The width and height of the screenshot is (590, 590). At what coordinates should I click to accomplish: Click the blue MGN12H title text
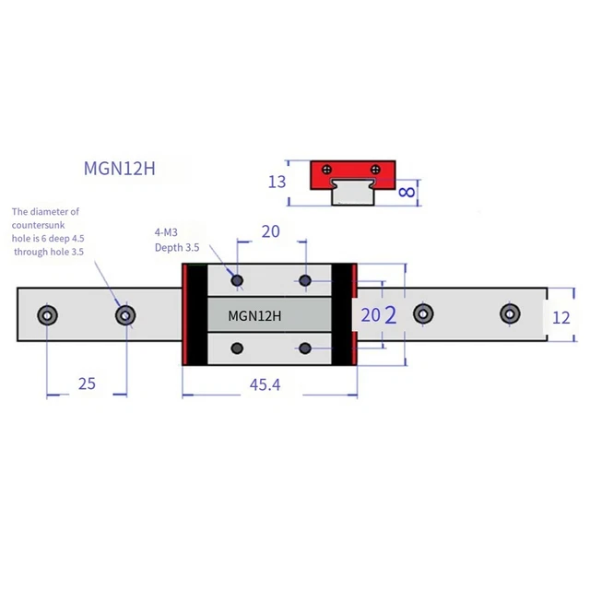click(x=119, y=168)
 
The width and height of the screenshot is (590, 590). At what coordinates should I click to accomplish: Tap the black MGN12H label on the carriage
click(x=254, y=315)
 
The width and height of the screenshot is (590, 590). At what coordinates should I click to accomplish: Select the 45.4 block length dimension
click(x=265, y=385)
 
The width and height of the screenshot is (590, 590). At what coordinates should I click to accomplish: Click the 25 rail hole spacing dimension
click(x=87, y=383)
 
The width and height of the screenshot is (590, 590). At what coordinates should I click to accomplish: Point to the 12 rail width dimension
click(x=561, y=318)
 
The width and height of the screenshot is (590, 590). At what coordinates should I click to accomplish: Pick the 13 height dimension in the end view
click(x=277, y=183)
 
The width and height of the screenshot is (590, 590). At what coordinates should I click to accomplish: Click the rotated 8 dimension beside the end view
click(x=407, y=193)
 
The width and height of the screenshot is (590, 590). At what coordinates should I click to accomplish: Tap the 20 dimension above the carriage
click(x=270, y=231)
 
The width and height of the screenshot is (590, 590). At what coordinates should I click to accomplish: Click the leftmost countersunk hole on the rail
click(x=47, y=315)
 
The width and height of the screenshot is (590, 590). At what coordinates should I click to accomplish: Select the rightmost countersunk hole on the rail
click(x=510, y=313)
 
